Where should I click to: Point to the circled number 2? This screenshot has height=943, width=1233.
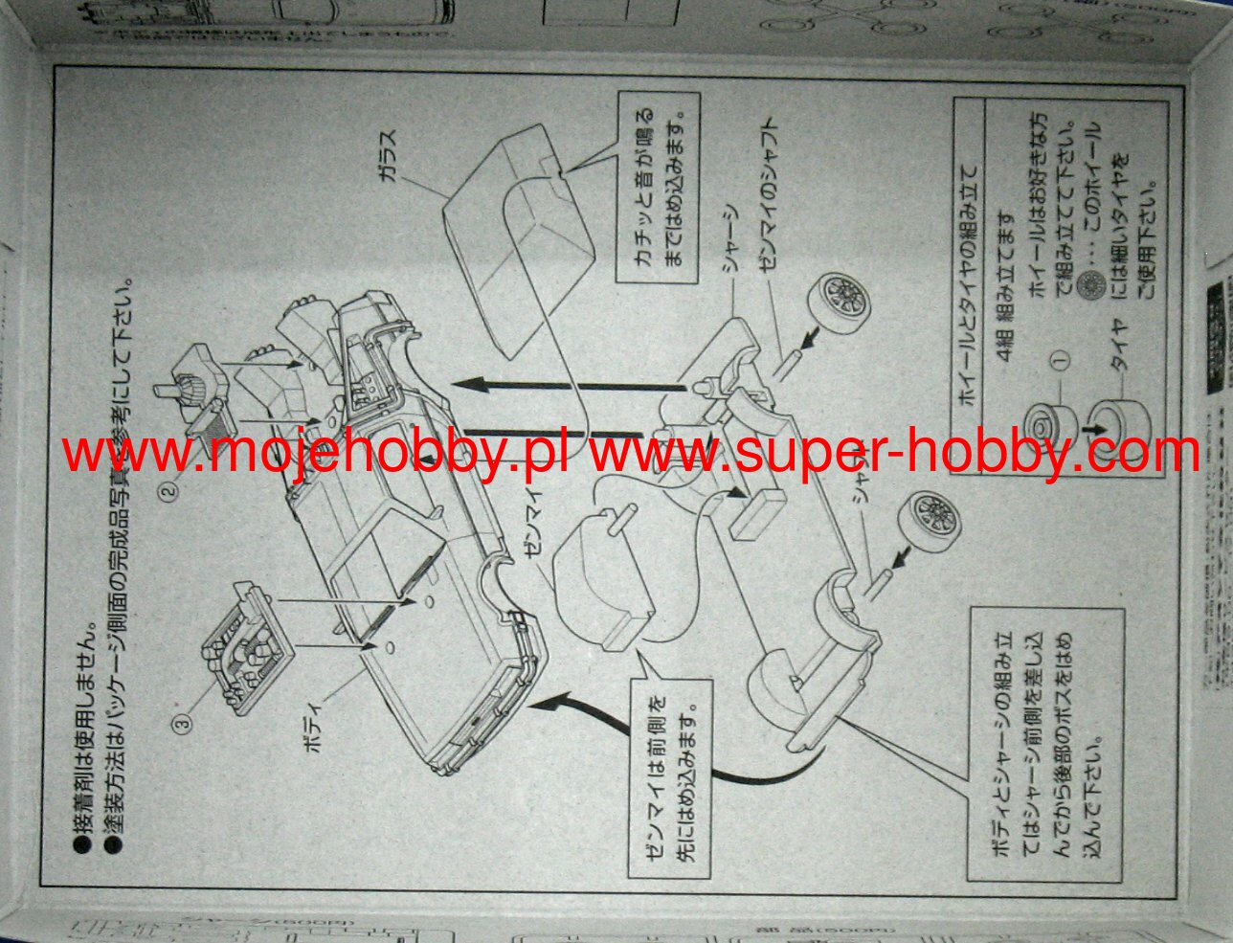pyautogui.click(x=169, y=492)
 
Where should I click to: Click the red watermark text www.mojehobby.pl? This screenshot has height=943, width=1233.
pyautogui.click(x=316, y=454)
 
